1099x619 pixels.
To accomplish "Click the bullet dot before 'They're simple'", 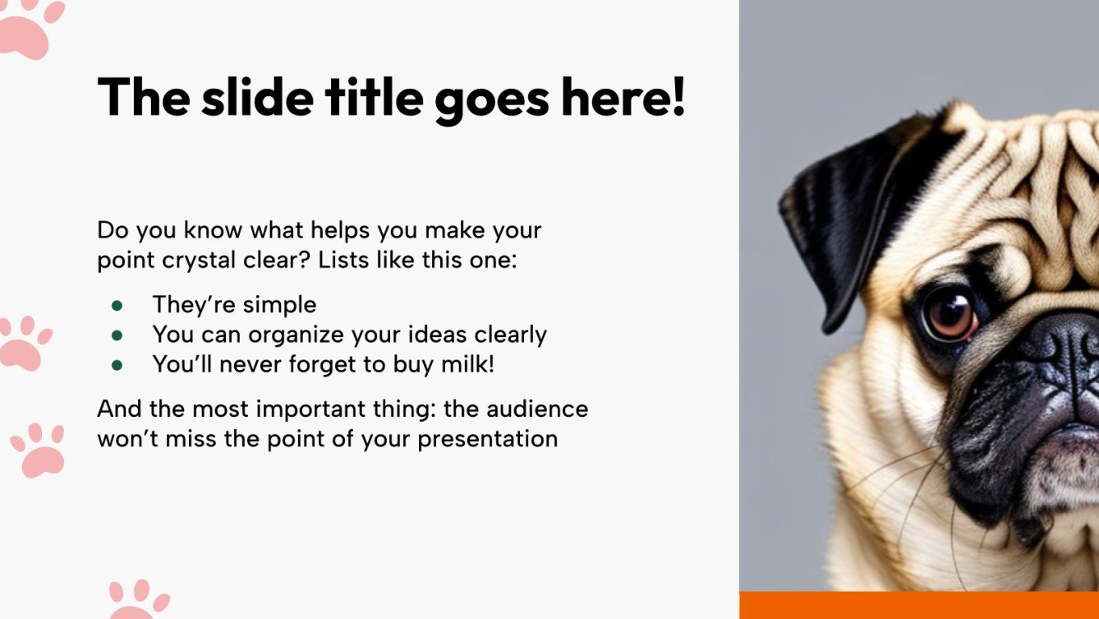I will [117, 305].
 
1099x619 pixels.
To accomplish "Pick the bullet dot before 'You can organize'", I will [117, 335].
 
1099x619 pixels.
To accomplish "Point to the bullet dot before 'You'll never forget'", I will [117, 365].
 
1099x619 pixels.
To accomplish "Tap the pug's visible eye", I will [950, 313].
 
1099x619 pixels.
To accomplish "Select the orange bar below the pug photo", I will [918, 605].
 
